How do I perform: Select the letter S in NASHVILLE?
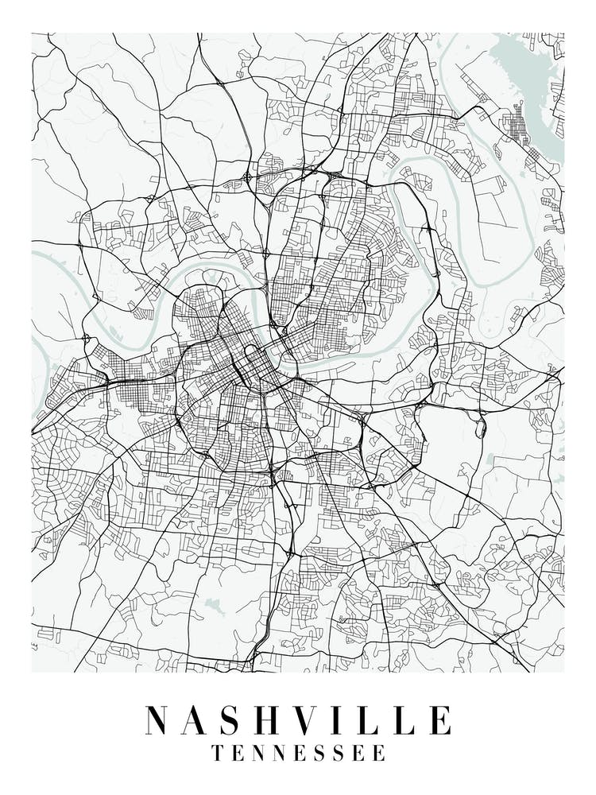tap(240, 719)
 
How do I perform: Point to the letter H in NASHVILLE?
tap(278, 719)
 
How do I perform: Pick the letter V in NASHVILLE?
tap(320, 719)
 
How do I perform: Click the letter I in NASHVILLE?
tap(352, 719)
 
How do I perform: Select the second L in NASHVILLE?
tap(411, 719)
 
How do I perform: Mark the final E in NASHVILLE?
tap(441, 719)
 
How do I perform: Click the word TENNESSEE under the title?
tap(298, 752)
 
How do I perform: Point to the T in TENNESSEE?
tap(218, 752)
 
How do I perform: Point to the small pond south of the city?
tap(213, 606)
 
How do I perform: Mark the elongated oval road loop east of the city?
tap(481, 428)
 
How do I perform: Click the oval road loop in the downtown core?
tap(253, 355)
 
